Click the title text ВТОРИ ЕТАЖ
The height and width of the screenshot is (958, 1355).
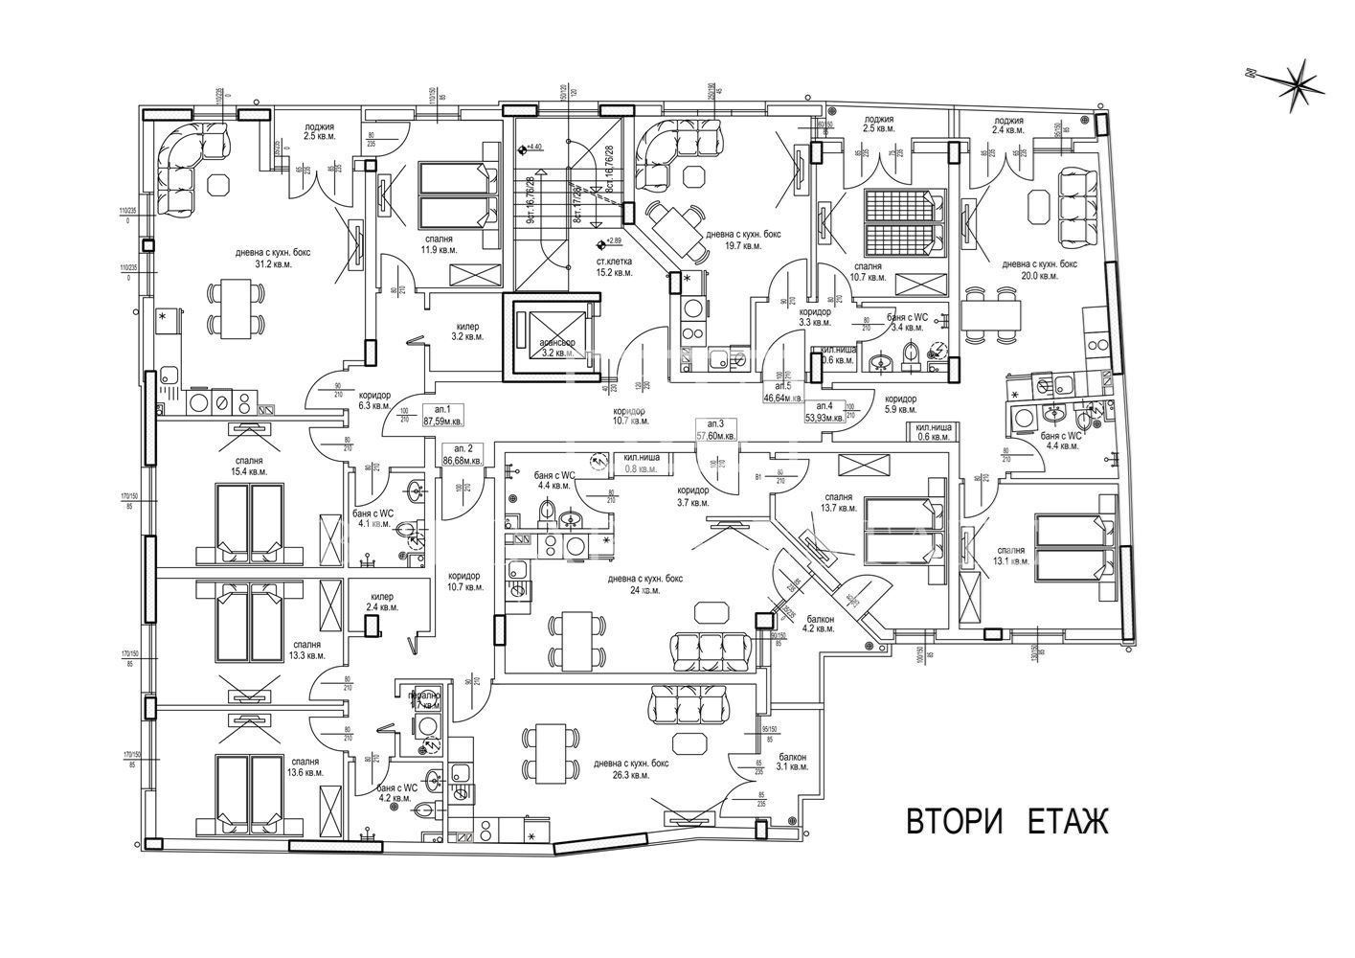click(x=1006, y=821)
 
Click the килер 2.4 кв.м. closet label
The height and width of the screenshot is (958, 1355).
click(x=381, y=602)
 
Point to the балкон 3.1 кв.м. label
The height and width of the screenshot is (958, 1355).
click(x=792, y=762)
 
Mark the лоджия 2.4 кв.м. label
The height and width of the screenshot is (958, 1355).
click(x=1008, y=126)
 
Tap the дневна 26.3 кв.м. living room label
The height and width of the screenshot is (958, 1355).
click(x=630, y=769)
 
